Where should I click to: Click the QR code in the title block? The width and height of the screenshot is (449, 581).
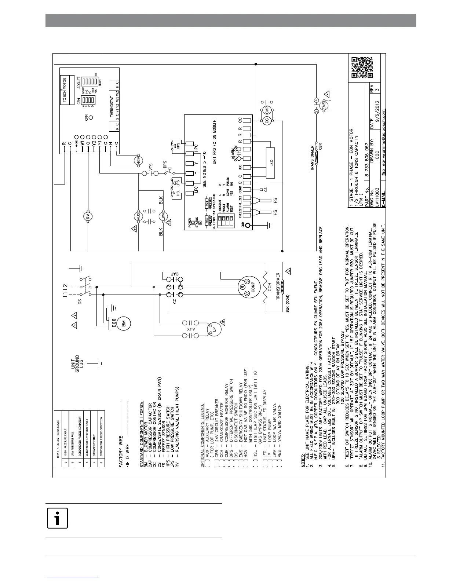point(362,68)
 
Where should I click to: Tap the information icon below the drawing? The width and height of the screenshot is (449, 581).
point(58,519)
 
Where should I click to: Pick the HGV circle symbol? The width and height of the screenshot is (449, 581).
point(139,160)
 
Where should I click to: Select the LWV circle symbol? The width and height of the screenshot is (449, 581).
point(164,216)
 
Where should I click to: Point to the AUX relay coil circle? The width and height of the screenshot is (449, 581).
point(138,216)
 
